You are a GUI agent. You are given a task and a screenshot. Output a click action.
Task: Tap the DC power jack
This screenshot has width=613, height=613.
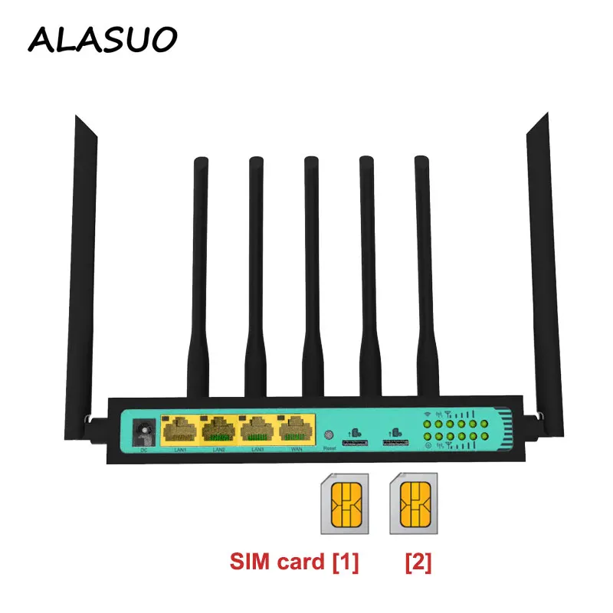tap(142, 432)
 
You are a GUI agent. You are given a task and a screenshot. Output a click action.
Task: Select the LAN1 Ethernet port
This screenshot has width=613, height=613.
tap(179, 430)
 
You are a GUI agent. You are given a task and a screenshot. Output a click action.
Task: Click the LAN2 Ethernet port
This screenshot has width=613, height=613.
tap(219, 430)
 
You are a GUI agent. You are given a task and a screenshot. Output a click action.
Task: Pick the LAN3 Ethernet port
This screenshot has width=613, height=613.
tap(258, 430)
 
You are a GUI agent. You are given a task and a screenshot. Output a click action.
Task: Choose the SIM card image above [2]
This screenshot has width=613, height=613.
tap(415, 503)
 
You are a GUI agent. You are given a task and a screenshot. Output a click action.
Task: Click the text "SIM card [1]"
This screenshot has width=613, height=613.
tap(295, 563)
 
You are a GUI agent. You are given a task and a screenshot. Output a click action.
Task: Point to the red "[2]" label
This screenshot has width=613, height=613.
tap(418, 563)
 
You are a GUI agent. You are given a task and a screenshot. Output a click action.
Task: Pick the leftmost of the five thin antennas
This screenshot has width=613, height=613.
tap(199, 276)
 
